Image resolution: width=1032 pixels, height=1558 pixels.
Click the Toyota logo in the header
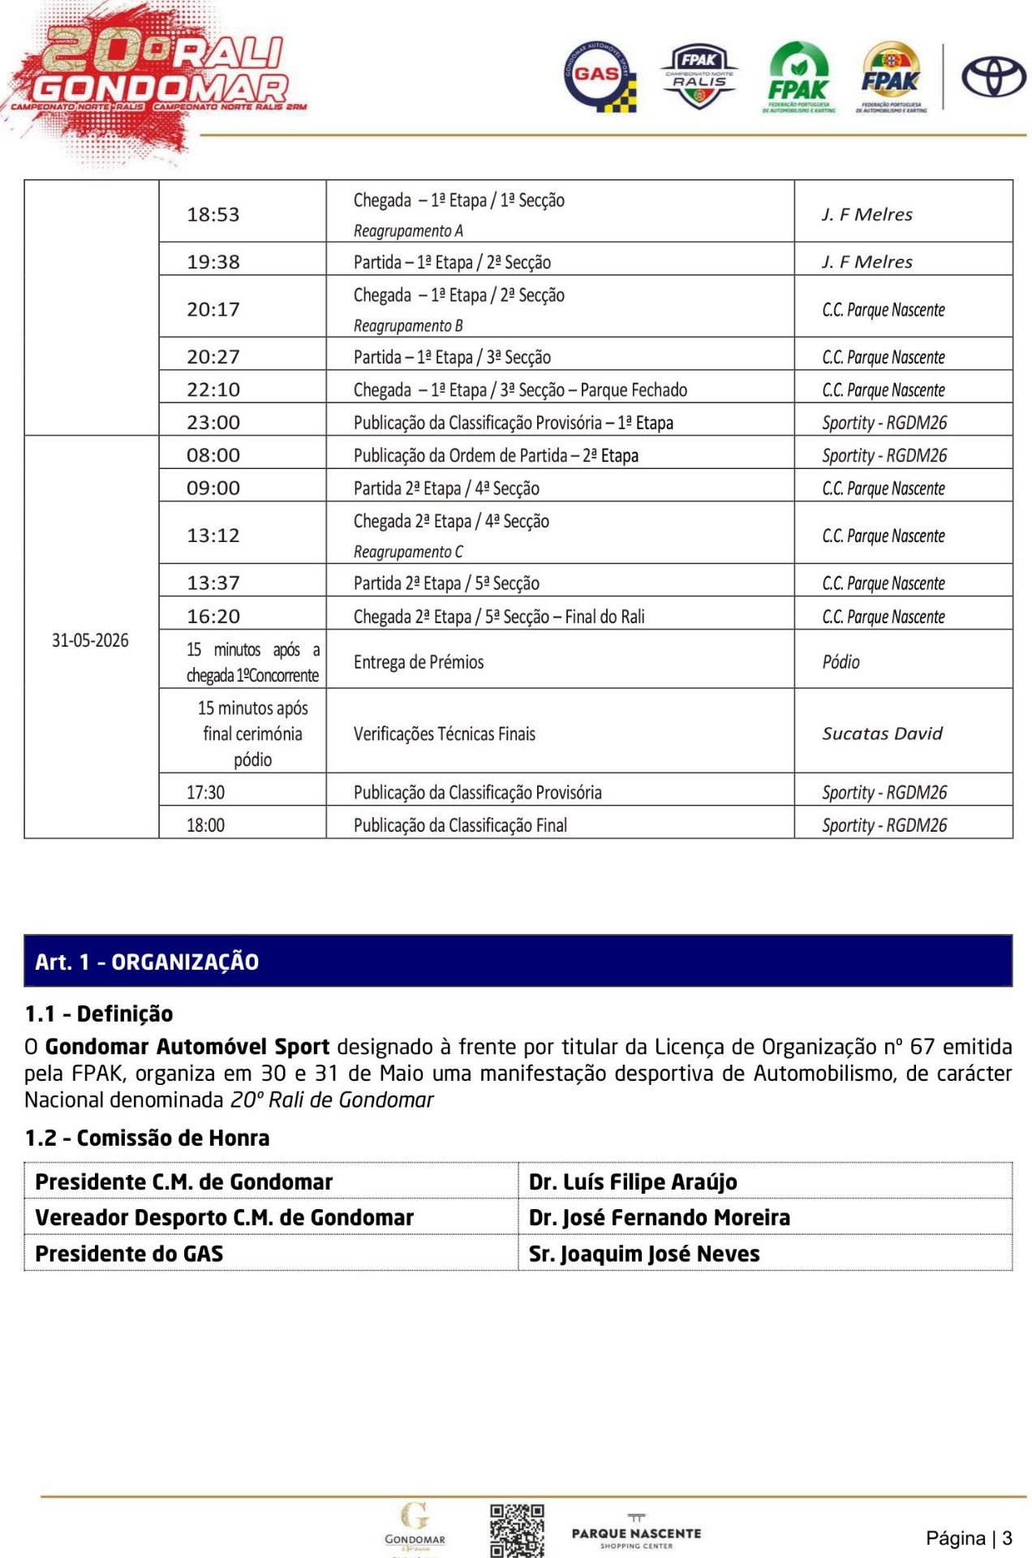(x=993, y=78)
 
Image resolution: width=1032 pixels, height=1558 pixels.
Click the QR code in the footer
(x=516, y=1530)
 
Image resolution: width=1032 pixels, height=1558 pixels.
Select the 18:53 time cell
(x=213, y=214)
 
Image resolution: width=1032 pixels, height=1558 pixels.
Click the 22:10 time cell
(x=213, y=389)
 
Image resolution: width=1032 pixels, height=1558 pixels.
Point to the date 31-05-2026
(x=90, y=640)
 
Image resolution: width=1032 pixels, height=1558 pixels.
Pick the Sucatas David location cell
(x=882, y=734)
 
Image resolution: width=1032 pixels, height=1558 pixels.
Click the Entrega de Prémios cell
(x=419, y=662)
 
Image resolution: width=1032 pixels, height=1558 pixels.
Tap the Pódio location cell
(x=841, y=662)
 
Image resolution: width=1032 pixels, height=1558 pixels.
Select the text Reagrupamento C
(x=408, y=552)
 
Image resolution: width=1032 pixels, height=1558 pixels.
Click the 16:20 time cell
(x=213, y=617)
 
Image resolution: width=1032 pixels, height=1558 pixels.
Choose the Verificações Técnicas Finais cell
(x=445, y=734)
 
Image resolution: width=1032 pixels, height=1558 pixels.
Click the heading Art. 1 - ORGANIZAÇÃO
(x=147, y=962)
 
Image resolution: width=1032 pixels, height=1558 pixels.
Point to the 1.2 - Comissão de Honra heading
(x=147, y=1138)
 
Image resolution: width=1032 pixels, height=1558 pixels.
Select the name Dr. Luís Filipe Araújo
(x=633, y=1181)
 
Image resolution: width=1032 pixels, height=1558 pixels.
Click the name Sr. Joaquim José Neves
(x=644, y=1254)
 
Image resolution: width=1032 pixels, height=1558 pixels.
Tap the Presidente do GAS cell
(x=129, y=1254)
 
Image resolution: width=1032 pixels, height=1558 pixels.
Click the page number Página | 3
(x=969, y=1538)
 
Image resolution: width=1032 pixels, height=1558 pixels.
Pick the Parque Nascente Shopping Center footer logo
(x=636, y=1533)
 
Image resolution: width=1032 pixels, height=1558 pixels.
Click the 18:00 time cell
(x=206, y=825)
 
